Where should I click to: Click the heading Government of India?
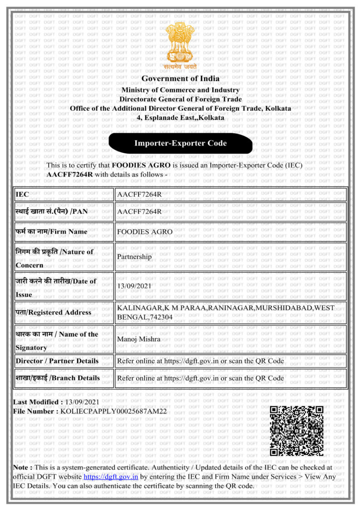click(x=180, y=79)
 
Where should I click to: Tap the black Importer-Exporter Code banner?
click(x=180, y=144)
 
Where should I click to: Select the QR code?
click(x=296, y=430)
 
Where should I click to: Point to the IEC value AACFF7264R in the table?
click(x=139, y=194)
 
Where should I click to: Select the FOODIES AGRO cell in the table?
click(x=145, y=232)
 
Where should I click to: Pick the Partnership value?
click(x=134, y=257)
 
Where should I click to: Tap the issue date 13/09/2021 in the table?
click(x=134, y=286)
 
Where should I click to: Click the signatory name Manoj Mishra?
click(x=139, y=339)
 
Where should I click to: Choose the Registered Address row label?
click(x=53, y=312)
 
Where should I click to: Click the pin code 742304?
click(x=156, y=317)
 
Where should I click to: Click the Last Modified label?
click(x=37, y=402)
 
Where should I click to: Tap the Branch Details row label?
click(x=58, y=378)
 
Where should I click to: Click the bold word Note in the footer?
click(x=22, y=467)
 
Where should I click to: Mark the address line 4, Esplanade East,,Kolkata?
click(x=180, y=118)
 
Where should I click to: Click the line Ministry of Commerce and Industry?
click(x=180, y=90)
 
